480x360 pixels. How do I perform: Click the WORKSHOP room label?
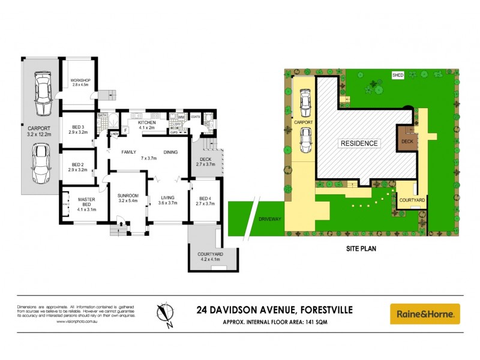coord(80,80)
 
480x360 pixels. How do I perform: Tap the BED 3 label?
coord(78,127)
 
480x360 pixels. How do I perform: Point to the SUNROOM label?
coord(128,195)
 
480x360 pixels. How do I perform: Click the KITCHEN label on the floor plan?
coord(146,123)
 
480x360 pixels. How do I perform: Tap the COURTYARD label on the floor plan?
coord(210,254)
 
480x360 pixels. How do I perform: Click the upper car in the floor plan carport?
coord(43,95)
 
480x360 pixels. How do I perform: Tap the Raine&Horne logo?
coord(425,313)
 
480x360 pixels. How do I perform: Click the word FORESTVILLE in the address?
coord(323,310)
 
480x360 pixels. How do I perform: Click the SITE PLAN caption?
coord(361,247)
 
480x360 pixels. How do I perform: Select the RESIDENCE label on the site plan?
coord(359,143)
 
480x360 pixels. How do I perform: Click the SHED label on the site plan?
coord(397,75)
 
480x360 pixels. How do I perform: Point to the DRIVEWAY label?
coord(271,220)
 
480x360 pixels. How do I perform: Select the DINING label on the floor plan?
coord(170,152)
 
